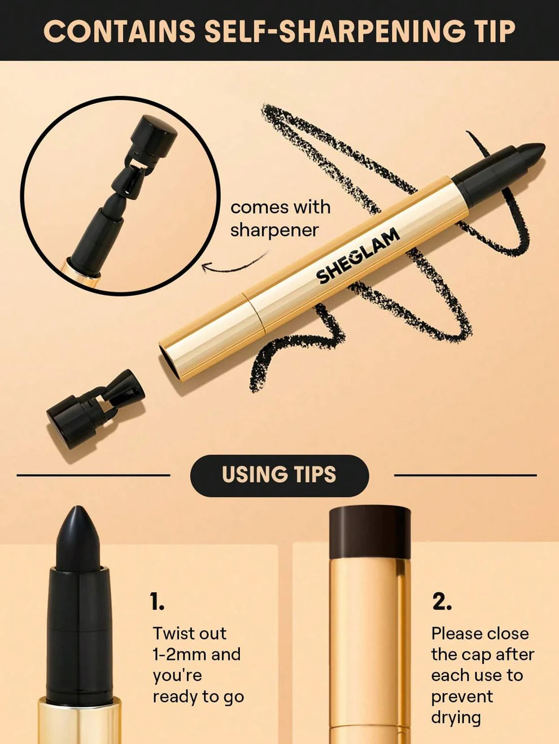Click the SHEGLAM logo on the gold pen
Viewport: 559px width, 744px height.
pos(357,256)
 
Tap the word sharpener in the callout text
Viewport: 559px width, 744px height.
pos(274,230)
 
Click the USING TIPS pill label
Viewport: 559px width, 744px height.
pos(279,475)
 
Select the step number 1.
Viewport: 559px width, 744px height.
pos(157,602)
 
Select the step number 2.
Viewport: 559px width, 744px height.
pos(442,602)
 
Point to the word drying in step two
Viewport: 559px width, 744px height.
pos(456,717)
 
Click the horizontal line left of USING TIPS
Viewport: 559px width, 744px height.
pos(93,475)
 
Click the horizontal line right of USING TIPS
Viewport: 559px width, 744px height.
pos(465,475)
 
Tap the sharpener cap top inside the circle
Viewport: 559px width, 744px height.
pos(153,135)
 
